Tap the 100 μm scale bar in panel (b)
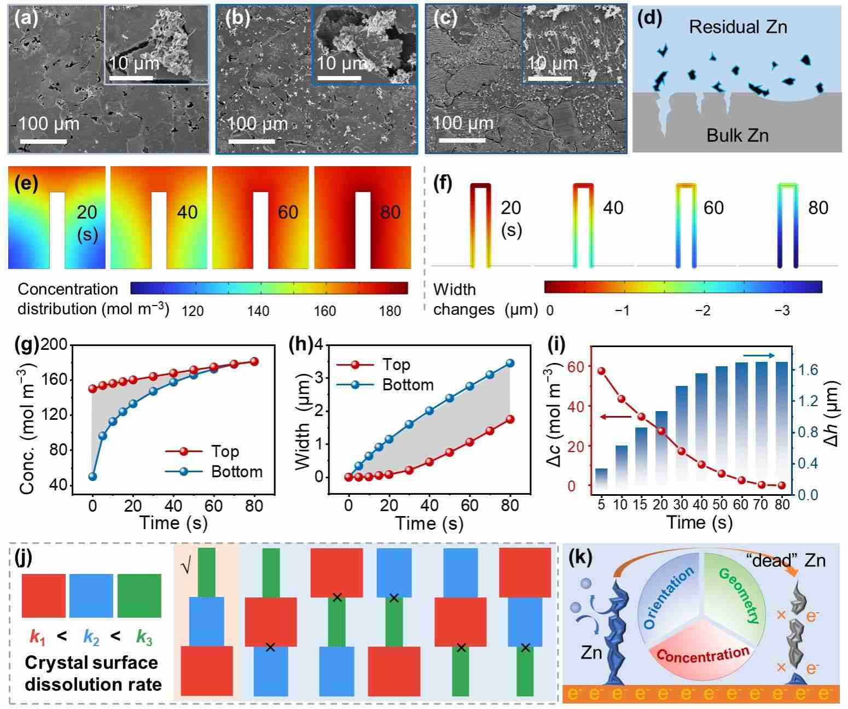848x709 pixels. point(251,142)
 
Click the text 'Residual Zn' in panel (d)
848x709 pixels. point(737,27)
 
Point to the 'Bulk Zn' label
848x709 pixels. point(737,135)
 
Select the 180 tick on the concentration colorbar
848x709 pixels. point(390,311)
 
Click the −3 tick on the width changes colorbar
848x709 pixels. point(782,310)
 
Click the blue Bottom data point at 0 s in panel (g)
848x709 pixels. point(92,476)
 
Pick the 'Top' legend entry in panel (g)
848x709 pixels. point(225,451)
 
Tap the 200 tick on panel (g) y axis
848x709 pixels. point(56,345)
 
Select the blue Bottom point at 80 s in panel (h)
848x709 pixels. point(510,363)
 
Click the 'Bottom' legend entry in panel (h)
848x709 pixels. point(408,385)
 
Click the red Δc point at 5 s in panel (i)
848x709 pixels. point(601,371)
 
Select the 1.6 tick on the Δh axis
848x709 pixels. point(808,370)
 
